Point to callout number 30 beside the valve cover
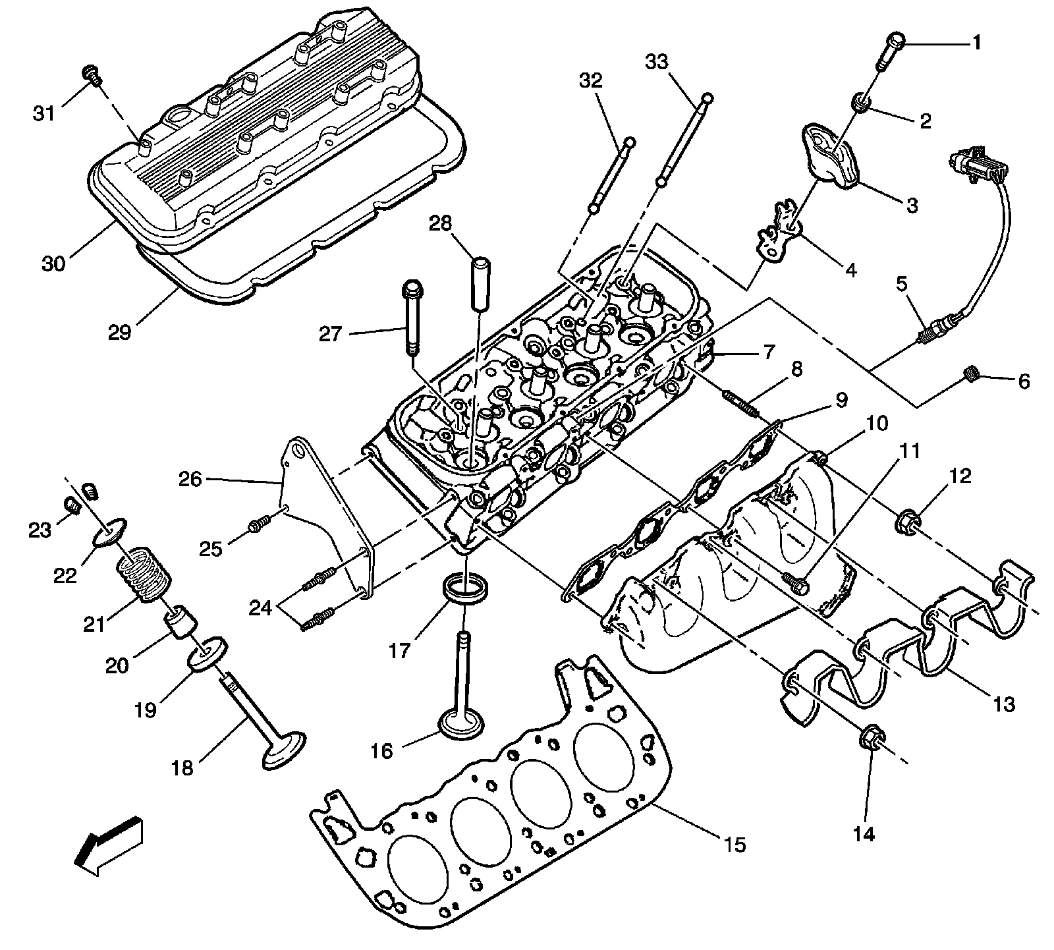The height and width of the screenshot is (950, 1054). tap(54, 264)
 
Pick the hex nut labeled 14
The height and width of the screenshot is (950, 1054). tap(870, 738)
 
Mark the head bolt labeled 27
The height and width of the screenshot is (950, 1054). tap(411, 313)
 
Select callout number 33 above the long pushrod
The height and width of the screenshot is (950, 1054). tap(656, 63)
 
